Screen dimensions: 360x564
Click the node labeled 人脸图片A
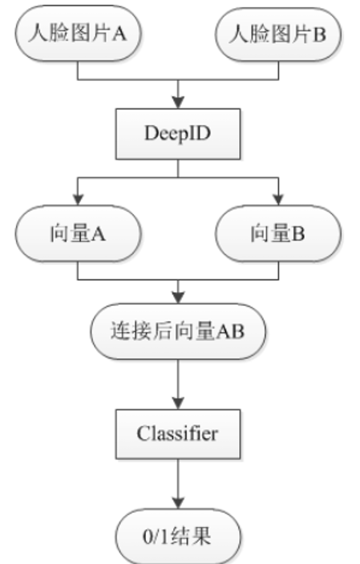(78, 33)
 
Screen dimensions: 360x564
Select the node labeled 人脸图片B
(278, 34)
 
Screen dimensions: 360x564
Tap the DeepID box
(178, 134)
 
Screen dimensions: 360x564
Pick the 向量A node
(78, 233)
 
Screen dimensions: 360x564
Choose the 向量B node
(278, 233)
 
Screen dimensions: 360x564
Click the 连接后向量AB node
(178, 331)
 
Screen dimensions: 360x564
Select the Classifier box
(178, 434)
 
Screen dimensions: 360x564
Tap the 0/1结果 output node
(178, 536)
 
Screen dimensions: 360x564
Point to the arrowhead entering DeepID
(178, 103)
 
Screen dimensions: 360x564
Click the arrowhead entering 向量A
(78, 200)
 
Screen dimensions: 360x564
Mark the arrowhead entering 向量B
(278, 200)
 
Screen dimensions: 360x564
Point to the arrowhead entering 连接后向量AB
(178, 298)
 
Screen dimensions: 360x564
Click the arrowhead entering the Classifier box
(178, 404)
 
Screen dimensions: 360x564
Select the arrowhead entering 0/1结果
(178, 502)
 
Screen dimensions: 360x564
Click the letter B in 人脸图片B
(319, 34)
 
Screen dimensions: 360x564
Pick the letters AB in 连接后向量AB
(230, 331)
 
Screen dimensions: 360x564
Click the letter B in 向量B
(298, 233)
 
